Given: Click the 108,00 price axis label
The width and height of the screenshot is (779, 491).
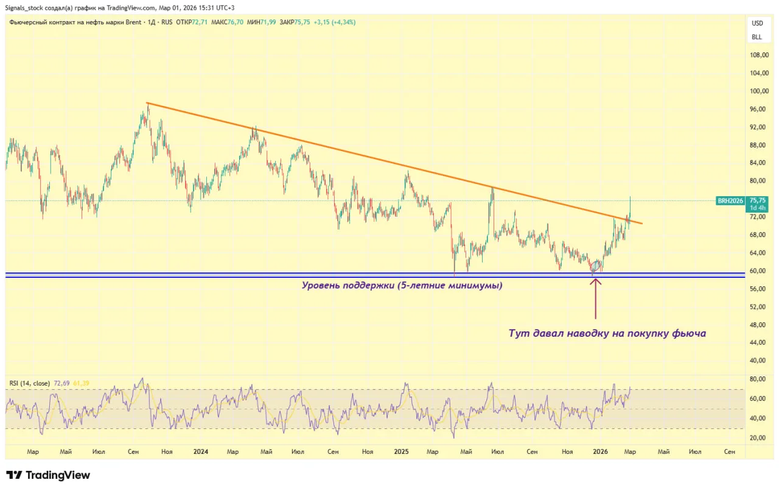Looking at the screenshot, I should pos(758,55).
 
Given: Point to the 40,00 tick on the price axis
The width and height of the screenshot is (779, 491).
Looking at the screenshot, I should pos(758,361).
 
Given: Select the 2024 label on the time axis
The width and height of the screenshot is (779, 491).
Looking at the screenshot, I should pos(200,452).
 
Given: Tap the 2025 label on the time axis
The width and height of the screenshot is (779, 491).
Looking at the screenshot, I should pos(400,452).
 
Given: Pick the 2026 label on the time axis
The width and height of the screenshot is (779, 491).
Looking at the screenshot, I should pos(600,452).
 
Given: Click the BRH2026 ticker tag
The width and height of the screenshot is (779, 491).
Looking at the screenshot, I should pos(731,200).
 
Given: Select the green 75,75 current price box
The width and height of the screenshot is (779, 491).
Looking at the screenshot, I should pos(758,200).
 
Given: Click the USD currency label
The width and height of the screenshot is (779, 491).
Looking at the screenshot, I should pos(757,24).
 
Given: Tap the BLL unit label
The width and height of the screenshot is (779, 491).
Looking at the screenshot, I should pos(756,37).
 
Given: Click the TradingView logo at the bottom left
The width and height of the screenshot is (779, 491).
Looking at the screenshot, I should pos(48,475).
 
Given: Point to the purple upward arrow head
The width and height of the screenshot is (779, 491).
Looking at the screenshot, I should pos(595,280).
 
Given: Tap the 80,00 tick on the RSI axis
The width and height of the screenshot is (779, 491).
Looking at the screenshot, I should pos(757,380).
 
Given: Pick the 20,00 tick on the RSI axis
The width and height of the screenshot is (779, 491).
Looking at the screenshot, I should pos(757,438).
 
